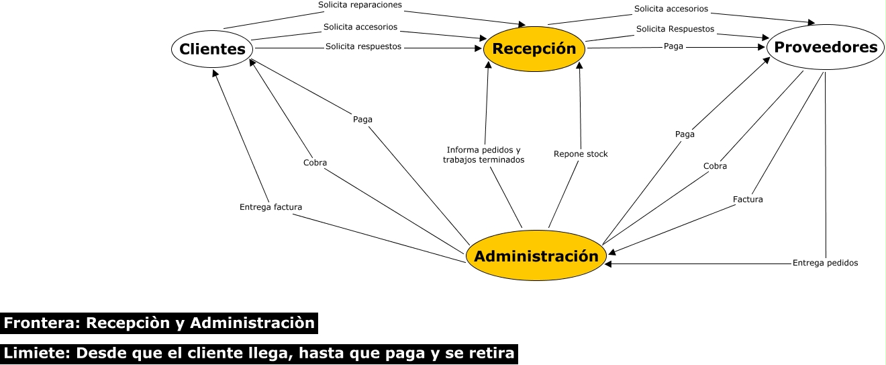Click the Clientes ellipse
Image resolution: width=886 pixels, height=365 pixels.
point(213,48)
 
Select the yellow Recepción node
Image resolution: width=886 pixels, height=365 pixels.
point(534,48)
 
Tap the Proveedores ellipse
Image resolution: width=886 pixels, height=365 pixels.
point(826,47)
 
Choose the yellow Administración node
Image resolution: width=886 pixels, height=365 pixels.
point(536,256)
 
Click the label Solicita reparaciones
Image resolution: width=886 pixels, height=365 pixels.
point(360,5)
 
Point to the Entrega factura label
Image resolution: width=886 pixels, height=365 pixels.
point(270,207)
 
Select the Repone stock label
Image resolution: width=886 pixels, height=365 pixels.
point(581,154)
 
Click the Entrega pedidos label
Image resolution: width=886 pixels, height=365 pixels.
point(825,263)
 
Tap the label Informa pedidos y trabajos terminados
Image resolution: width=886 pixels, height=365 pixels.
point(483,155)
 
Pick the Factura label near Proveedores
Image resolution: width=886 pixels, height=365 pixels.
point(748,200)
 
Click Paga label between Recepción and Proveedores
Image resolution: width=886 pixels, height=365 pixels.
point(673,46)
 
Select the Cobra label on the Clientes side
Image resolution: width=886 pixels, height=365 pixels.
point(315,163)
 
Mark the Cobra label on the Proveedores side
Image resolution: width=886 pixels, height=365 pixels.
point(715,166)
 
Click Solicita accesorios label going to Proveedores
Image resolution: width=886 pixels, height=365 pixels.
point(671,9)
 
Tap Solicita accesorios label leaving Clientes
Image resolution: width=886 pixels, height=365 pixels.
point(360,27)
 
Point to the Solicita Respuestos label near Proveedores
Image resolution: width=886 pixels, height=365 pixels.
point(675,29)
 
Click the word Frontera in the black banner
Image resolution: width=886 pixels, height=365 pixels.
point(41,323)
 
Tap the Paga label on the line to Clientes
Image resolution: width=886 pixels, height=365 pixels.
point(362,120)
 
